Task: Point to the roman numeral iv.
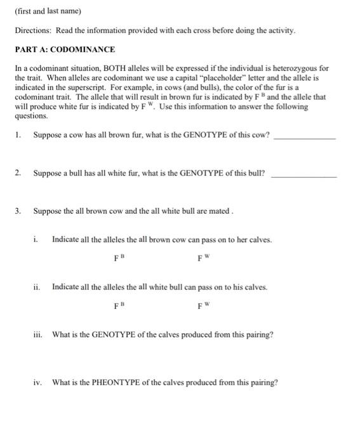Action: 37,382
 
